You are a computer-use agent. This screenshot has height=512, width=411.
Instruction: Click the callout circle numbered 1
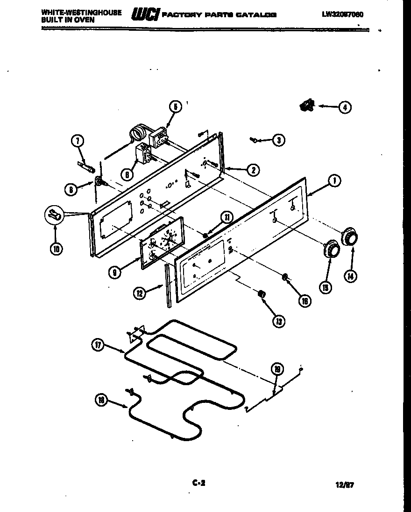coord(334,181)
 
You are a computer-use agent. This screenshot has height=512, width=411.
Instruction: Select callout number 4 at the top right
coord(344,107)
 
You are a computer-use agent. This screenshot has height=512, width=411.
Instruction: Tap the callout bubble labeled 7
coord(78,140)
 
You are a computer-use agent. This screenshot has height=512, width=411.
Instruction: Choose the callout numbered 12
coord(139,293)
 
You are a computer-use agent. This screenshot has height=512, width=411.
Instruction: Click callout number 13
coord(279,321)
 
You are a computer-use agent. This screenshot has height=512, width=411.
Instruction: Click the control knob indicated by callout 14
coord(349,237)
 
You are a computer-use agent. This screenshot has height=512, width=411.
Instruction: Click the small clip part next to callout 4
coord(307,107)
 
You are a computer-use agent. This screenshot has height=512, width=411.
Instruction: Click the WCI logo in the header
coord(145,15)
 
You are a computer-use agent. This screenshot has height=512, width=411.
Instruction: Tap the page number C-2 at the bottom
coord(199,484)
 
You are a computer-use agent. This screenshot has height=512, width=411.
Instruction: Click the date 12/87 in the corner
coord(345,485)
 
